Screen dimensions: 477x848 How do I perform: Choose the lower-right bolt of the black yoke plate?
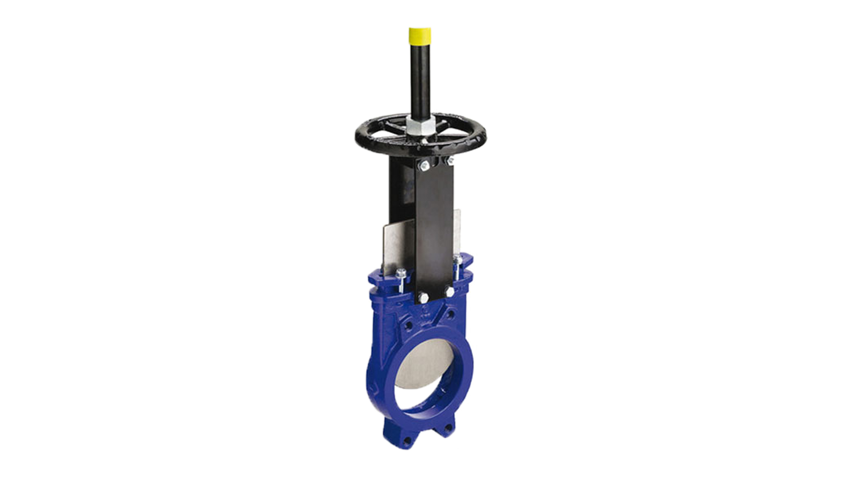[x=449, y=293]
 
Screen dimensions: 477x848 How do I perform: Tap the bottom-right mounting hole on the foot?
[x=449, y=428]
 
